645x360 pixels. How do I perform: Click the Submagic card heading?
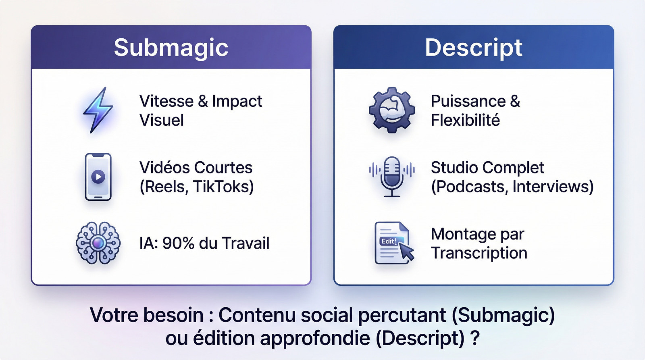coord(171,48)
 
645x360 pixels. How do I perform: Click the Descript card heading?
coord(473,48)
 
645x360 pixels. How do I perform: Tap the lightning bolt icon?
coord(98,110)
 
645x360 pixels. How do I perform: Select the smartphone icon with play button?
coord(98,177)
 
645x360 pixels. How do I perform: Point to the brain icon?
coord(98,243)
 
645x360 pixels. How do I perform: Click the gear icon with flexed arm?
coord(391,110)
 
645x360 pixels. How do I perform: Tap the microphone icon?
coord(391,176)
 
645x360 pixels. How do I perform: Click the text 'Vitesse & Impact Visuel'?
coord(200,110)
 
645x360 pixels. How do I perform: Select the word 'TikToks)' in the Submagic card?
coord(223,187)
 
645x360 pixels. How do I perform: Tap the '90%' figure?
coord(178,243)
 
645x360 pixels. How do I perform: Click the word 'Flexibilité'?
coord(465,120)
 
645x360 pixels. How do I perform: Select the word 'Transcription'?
coord(479,253)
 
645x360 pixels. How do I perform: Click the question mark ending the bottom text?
coord(475,338)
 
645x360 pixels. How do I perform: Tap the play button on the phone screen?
coord(98,176)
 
